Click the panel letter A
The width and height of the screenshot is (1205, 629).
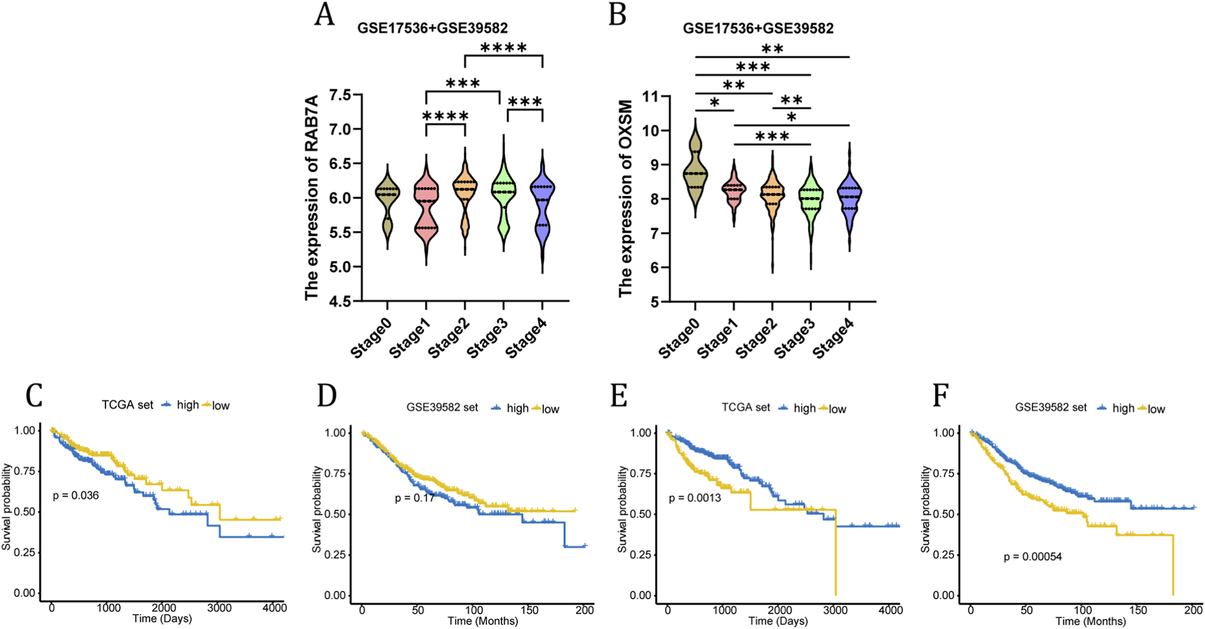pos(325,14)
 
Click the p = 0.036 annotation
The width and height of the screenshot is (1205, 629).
pos(75,496)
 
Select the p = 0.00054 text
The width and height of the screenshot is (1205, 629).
pos(1032,557)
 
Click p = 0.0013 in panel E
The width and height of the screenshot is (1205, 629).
pos(695,498)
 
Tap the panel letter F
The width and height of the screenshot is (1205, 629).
pos(940,396)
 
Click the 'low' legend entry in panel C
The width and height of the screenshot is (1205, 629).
pos(220,406)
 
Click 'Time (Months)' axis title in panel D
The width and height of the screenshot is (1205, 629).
pos(483,621)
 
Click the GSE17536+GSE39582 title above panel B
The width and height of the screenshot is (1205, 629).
pos(758,29)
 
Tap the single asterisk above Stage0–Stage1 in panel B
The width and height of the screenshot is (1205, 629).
pos(714,103)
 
